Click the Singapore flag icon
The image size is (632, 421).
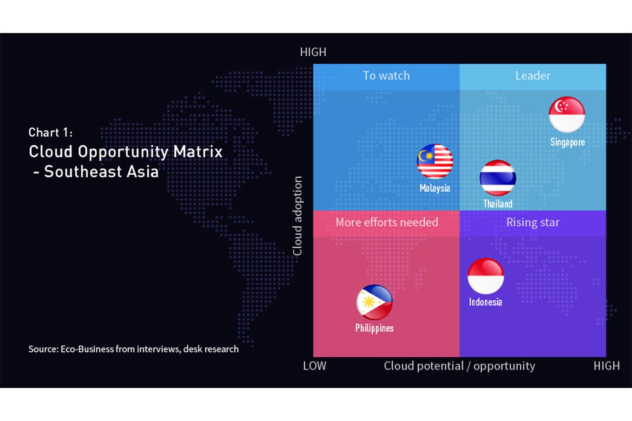[x=567, y=115]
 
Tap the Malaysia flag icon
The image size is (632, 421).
[x=435, y=161]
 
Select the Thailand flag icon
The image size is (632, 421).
[x=498, y=178]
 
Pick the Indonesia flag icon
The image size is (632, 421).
[x=486, y=276]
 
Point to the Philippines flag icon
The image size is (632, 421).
[x=375, y=302]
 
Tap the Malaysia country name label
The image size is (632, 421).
[x=435, y=188]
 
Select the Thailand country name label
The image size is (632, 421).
[x=498, y=204]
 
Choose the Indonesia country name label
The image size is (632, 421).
[x=486, y=302]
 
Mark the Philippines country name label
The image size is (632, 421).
[x=375, y=328]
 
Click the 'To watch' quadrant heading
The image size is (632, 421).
[x=386, y=76]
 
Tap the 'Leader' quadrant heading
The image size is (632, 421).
[x=533, y=76]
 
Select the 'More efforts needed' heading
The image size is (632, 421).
[x=387, y=223]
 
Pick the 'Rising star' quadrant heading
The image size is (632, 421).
[x=533, y=223]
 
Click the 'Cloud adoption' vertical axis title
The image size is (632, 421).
[x=297, y=216]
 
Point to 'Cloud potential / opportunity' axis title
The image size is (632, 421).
[x=459, y=366]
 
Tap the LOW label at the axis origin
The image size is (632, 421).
[x=315, y=366]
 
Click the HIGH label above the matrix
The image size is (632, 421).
[x=313, y=52]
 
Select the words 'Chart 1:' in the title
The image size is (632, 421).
[x=51, y=132]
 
